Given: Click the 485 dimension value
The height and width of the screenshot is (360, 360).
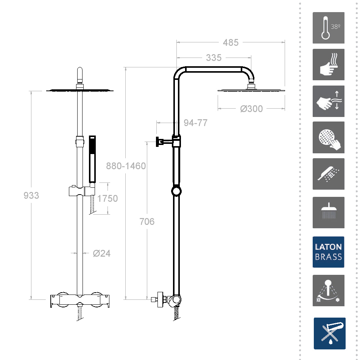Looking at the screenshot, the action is pos(231,42).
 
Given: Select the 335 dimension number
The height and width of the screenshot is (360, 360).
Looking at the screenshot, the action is pos(214,58).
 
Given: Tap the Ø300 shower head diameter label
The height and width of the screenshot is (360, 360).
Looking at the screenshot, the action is pos(251,109).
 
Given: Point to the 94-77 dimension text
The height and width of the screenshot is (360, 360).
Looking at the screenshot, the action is pos(195,123).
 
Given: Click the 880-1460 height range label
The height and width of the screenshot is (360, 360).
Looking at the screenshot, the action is pos(126,166).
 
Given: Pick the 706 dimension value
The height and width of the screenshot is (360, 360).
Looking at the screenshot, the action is pos(147,221).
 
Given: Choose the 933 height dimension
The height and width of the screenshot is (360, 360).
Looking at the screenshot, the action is pos(31,195).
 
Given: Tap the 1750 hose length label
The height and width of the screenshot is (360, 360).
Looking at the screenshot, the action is pos(108,198).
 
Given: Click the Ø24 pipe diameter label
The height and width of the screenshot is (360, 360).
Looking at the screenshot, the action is pos(102,253).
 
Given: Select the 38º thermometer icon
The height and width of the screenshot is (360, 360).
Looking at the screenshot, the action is pos(328,28).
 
